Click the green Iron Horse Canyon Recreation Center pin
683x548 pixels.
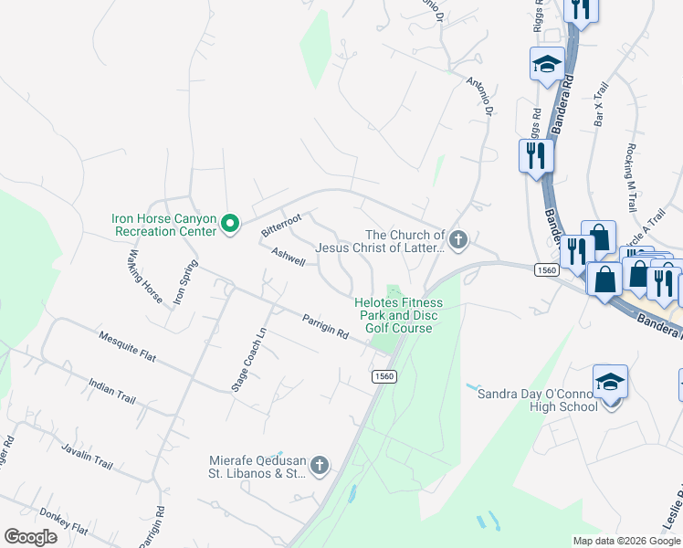pyautogui.click(x=231, y=222)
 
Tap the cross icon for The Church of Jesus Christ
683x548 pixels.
pyautogui.click(x=458, y=241)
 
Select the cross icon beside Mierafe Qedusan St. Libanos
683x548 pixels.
pyautogui.click(x=319, y=466)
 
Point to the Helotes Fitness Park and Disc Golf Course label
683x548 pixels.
pyautogui.click(x=398, y=315)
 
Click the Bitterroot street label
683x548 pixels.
pyautogui.click(x=281, y=224)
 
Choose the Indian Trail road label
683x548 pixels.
pyautogui.click(x=112, y=394)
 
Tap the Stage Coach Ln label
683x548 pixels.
pyautogui.click(x=240, y=360)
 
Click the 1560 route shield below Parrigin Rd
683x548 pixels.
pyautogui.click(x=384, y=376)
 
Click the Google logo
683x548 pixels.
pyautogui.click(x=30, y=536)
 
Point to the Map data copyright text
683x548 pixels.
pyautogui.click(x=625, y=541)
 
